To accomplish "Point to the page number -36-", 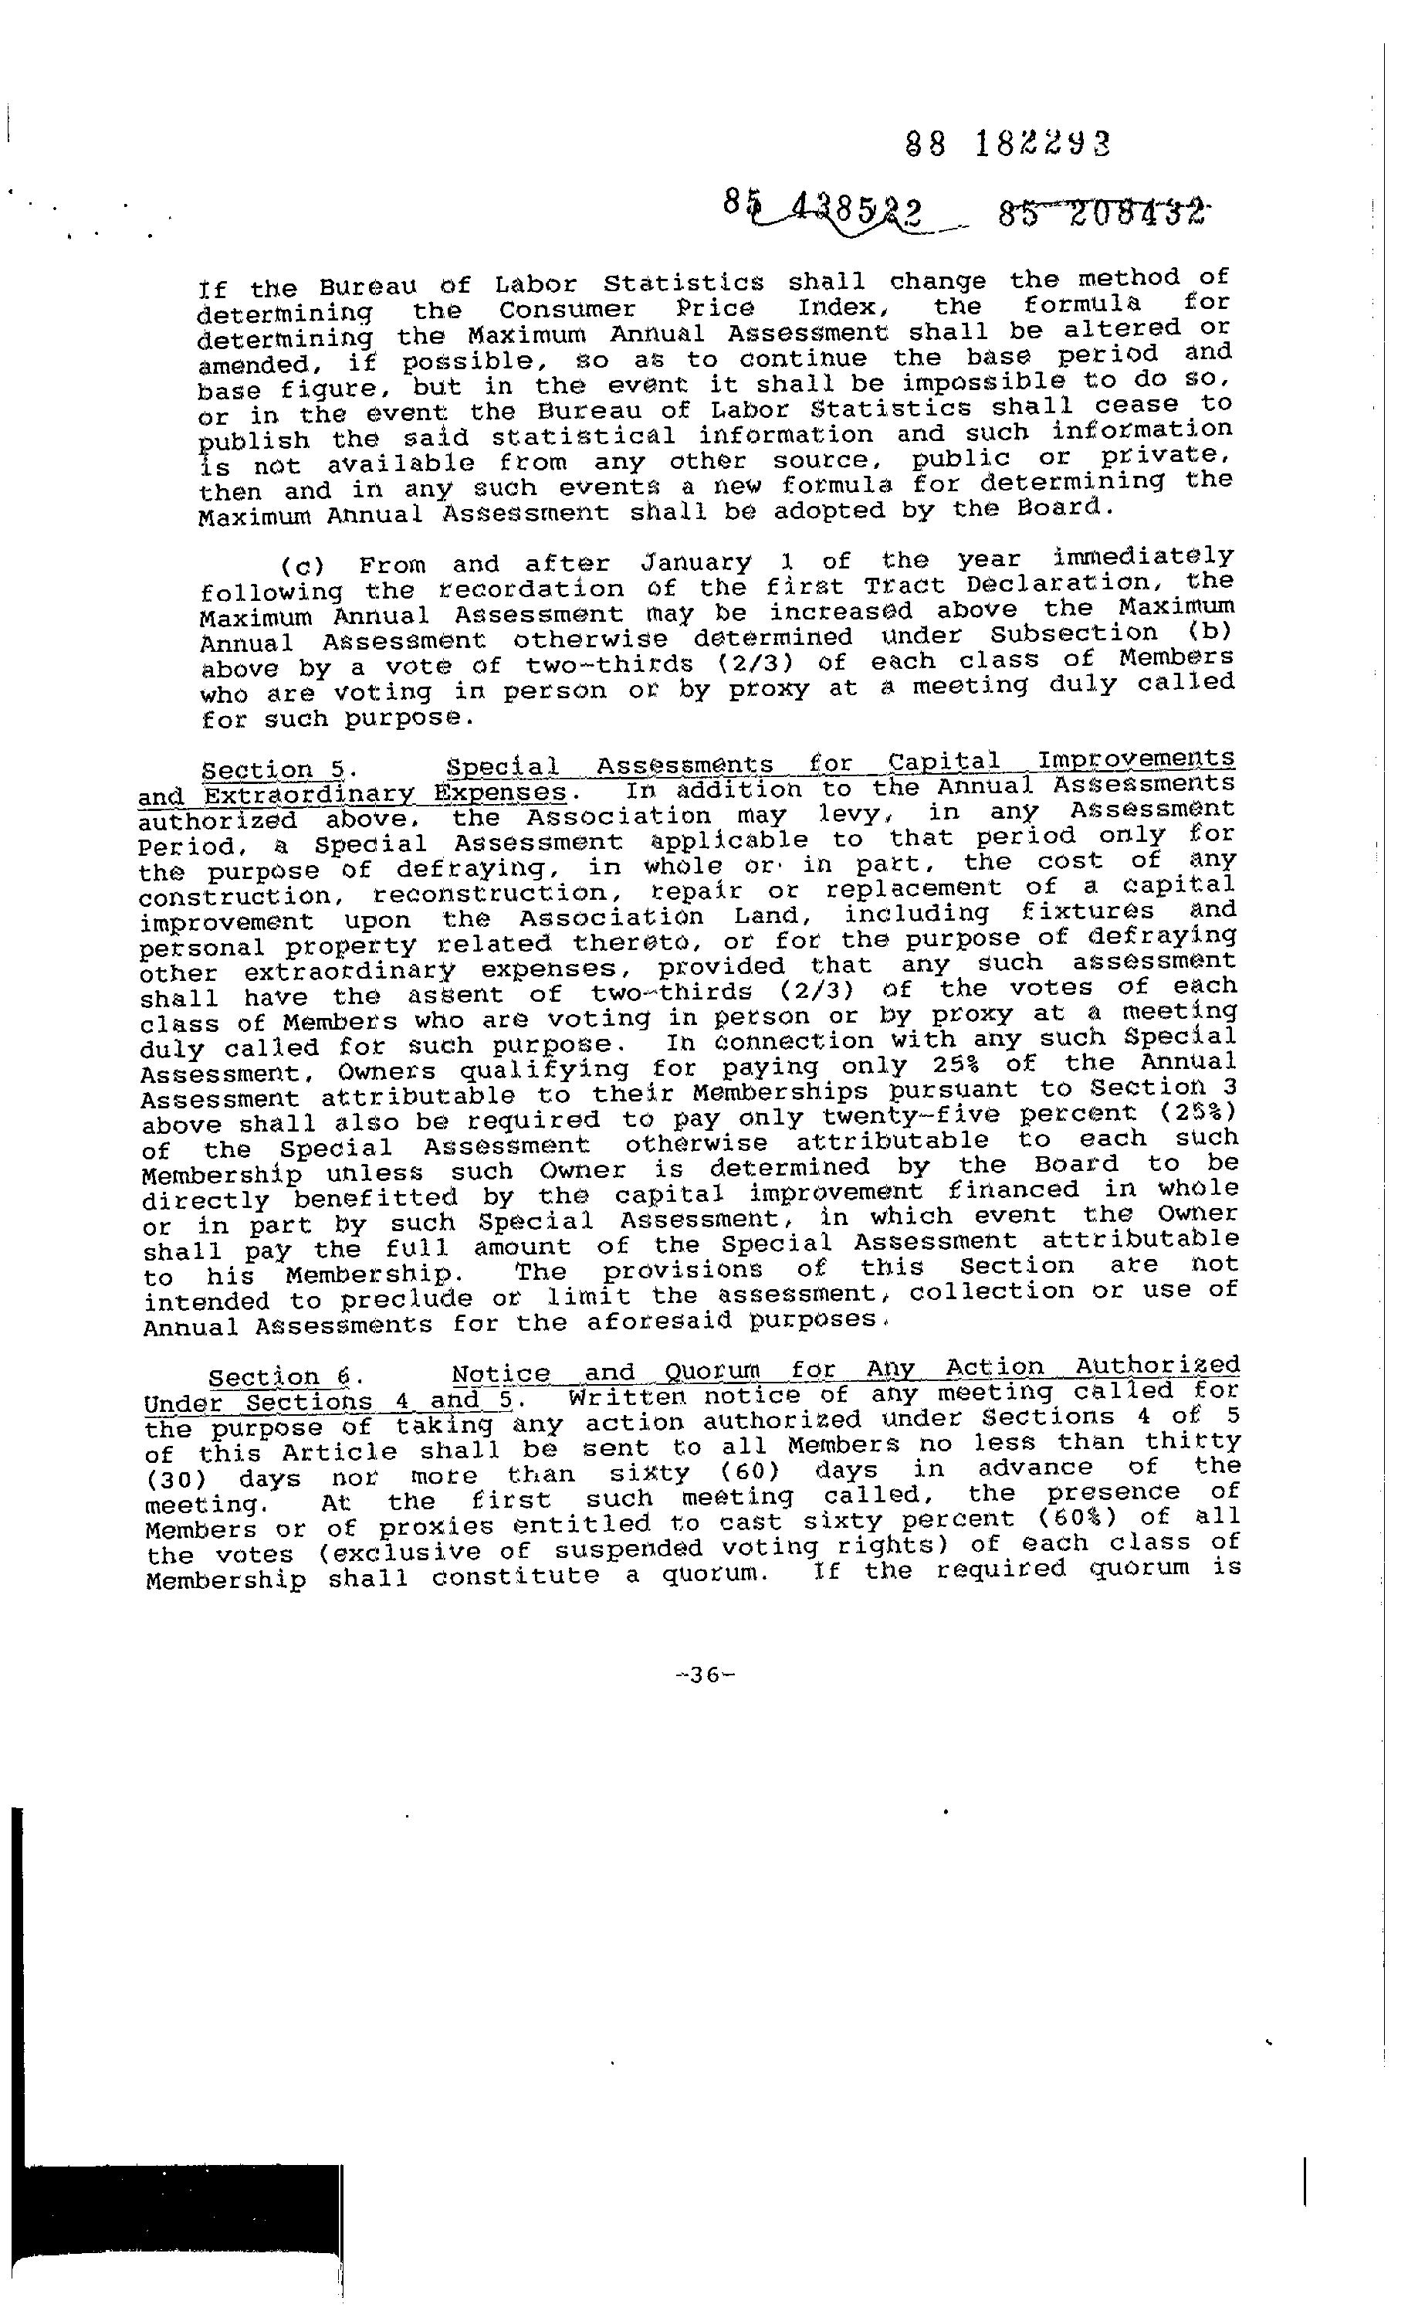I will (x=704, y=1675).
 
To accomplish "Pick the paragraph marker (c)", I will (x=302, y=566).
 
